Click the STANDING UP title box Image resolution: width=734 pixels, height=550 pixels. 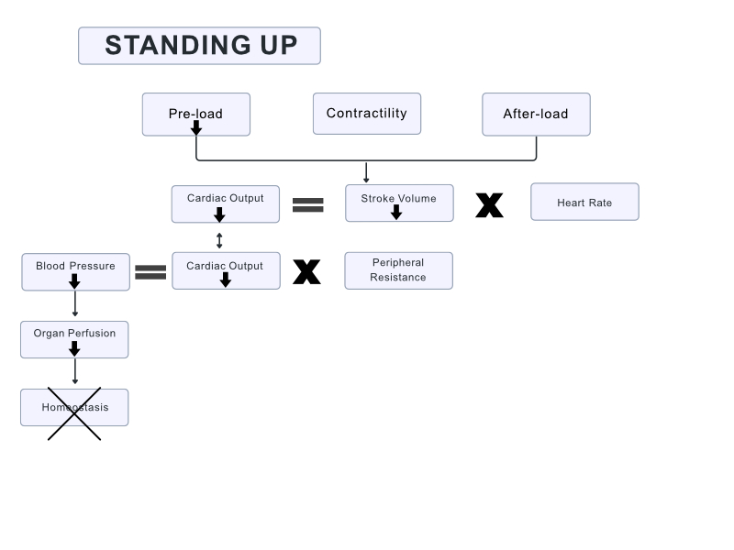pyautogui.click(x=199, y=46)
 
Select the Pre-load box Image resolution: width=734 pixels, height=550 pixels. pyautogui.click(x=195, y=114)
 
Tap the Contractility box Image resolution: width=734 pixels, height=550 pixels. pyautogui.click(x=366, y=114)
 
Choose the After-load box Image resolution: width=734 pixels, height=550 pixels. pyautogui.click(x=536, y=114)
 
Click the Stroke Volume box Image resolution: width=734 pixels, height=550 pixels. pyautogui.click(x=398, y=203)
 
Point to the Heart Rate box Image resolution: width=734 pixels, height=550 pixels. pyautogui.click(x=584, y=202)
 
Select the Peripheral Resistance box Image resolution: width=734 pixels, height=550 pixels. pyautogui.click(x=398, y=270)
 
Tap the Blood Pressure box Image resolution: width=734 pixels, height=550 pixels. pyautogui.click(x=75, y=271)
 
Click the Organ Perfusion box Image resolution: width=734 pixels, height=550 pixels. pyautogui.click(x=74, y=339)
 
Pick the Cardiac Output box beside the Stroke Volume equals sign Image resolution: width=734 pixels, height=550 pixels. pyautogui.click(x=225, y=203)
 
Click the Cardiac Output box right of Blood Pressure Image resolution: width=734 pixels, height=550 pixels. pyautogui.click(x=226, y=270)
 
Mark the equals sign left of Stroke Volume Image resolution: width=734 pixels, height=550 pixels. pyautogui.click(x=307, y=205)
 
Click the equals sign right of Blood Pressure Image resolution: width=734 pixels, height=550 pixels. pyautogui.click(x=150, y=271)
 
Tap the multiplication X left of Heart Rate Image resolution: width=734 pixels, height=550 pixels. pyautogui.click(x=489, y=205)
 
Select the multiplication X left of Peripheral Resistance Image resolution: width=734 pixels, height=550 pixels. pyautogui.click(x=306, y=271)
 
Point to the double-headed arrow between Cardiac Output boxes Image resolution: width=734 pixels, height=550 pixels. pyautogui.click(x=219, y=240)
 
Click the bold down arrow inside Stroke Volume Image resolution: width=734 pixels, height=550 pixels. pyautogui.click(x=396, y=212)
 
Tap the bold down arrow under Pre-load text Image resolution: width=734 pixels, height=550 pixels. pyautogui.click(x=195, y=127)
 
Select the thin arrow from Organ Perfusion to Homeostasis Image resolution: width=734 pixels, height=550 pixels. pyautogui.click(x=74, y=372)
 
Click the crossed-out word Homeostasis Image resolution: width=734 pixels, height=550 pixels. pyautogui.click(x=74, y=407)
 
